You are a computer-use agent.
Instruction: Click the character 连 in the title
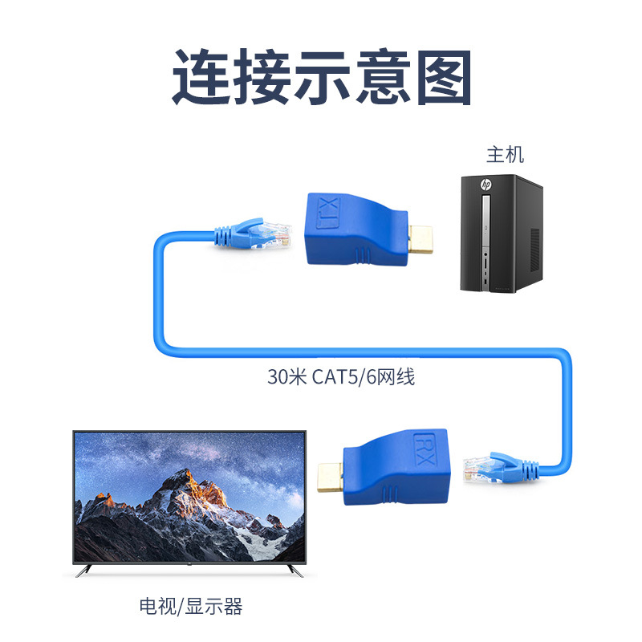click(201, 78)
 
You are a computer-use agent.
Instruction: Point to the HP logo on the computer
click(486, 185)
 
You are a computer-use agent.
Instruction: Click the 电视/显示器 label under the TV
click(190, 607)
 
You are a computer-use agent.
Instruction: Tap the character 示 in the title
click(321, 78)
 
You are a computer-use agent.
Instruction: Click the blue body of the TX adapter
click(353, 229)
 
